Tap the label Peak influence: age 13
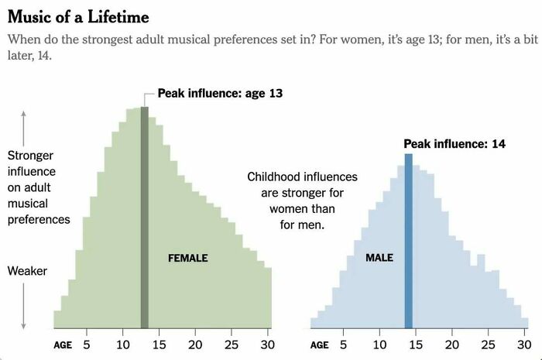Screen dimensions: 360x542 [x=220, y=94]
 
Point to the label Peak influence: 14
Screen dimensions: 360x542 [x=454, y=144]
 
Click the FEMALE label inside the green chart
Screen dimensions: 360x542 [x=188, y=258]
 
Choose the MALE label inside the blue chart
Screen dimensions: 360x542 [x=379, y=257]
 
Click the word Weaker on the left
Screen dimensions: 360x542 [x=27, y=271]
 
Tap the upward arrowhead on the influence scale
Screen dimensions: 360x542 [x=24, y=114]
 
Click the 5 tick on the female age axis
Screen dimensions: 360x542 [x=87, y=345]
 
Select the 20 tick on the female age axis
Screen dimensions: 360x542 [x=194, y=345]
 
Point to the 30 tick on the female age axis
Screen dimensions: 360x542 [x=267, y=345]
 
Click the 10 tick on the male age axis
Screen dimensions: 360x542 [x=379, y=345]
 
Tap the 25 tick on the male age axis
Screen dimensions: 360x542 [x=488, y=345]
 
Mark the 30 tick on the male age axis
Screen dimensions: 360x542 [x=523, y=345]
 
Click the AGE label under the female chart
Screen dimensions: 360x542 [x=63, y=345]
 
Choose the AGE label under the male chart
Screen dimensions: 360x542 [x=320, y=345]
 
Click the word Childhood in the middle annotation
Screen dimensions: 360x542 [x=275, y=177]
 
